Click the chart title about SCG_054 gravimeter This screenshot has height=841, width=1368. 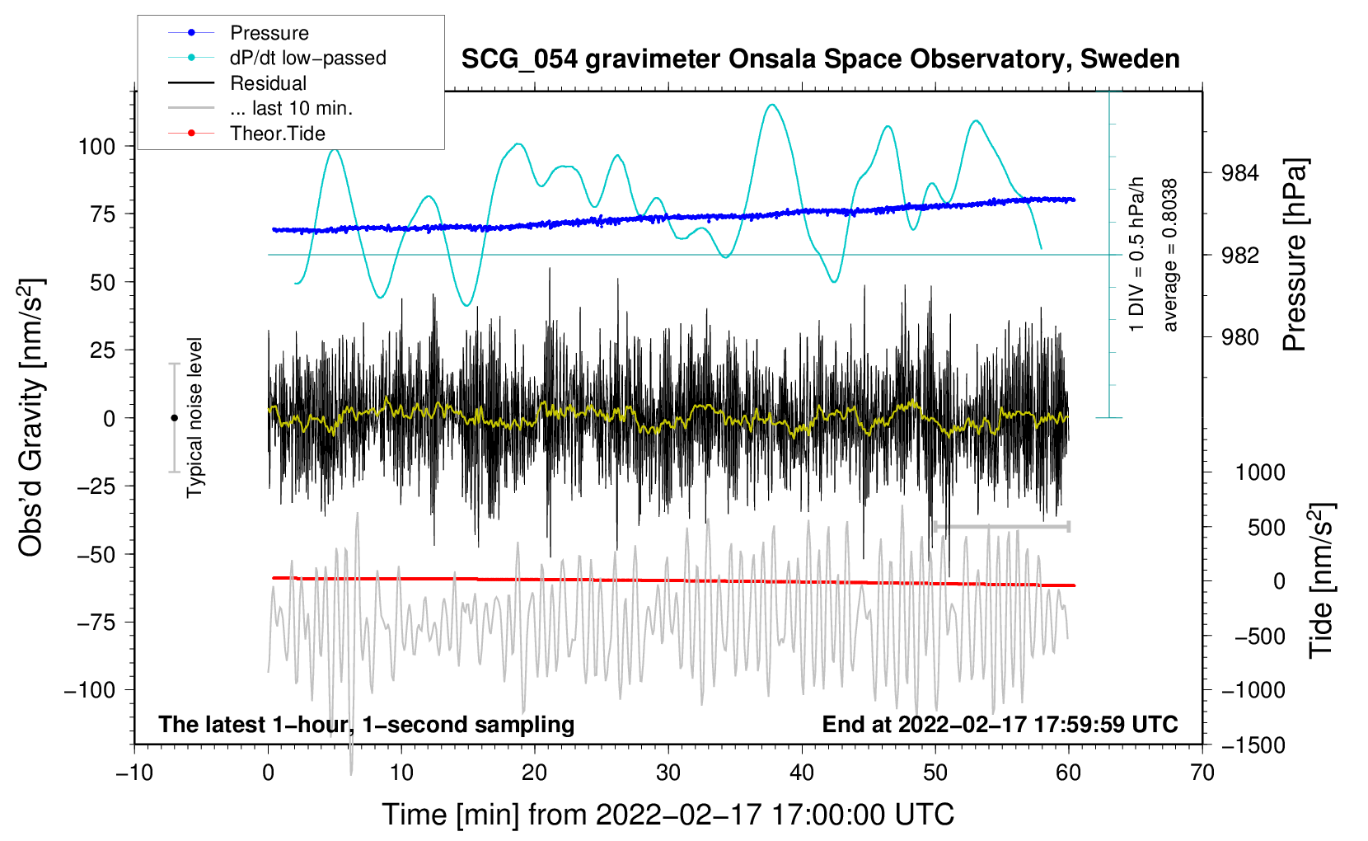point(820,59)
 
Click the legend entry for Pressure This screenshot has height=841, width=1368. point(269,33)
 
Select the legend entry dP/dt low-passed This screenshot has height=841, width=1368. point(307,58)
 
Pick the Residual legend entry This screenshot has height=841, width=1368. point(268,83)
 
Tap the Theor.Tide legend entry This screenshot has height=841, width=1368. point(277,134)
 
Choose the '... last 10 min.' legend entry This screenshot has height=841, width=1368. point(291,108)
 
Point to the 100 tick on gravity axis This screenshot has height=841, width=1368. point(96,147)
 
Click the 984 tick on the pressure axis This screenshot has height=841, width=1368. point(1239,173)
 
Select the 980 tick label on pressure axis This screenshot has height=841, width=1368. point(1239,337)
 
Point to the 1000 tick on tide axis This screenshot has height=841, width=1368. point(1260,472)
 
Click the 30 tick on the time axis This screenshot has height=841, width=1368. point(668,773)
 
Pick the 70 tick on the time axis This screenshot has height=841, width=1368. point(1202,773)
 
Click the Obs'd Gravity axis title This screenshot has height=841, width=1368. point(30,418)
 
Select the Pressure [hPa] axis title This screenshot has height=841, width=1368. point(1295,255)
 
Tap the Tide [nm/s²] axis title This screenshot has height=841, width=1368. point(1321,580)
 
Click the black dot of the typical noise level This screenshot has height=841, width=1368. point(174,418)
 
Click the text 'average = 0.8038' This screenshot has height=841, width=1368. point(1170,255)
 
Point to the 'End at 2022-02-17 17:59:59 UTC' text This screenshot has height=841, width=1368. point(1000,725)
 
